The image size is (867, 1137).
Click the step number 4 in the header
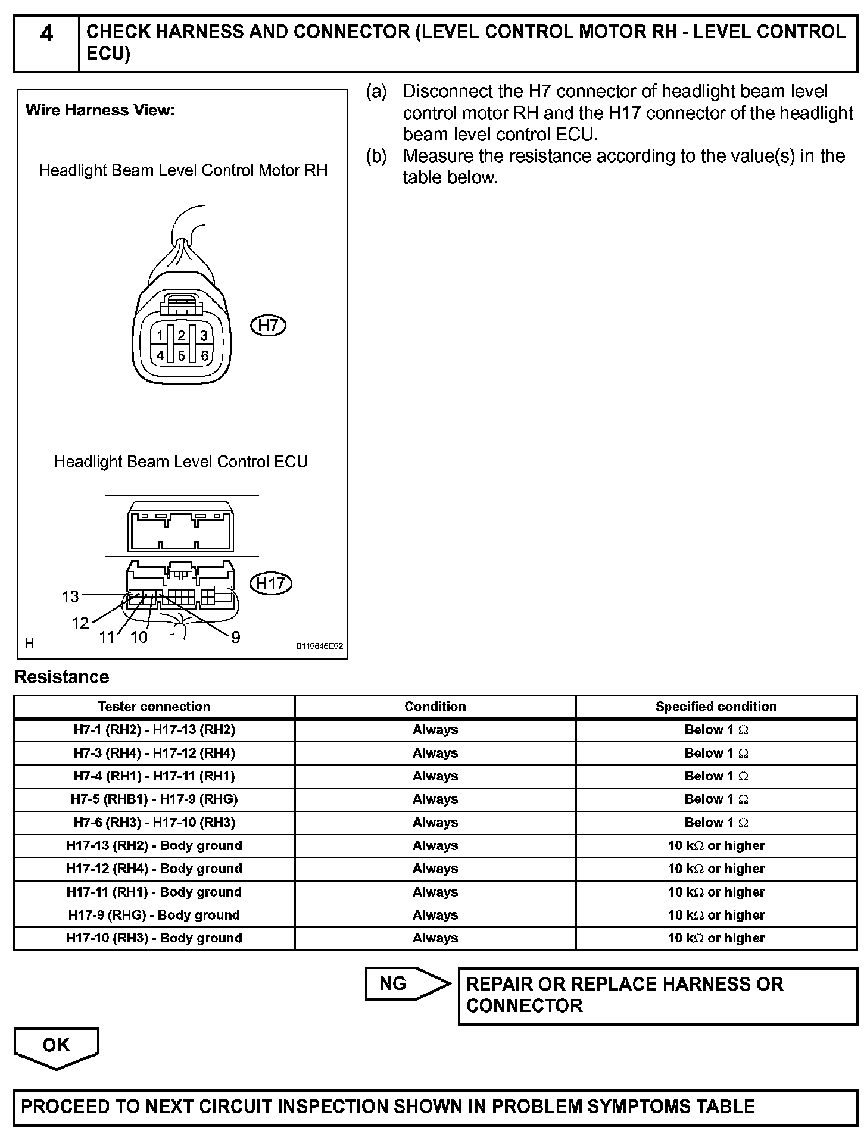46,34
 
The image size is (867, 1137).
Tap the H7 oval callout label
269,325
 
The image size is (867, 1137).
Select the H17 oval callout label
271,583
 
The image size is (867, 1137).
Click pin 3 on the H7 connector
204,336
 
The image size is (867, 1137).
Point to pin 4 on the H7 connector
160,356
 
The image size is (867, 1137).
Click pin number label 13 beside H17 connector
70,596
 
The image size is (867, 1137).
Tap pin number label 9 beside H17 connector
236,638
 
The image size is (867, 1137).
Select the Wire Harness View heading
101,110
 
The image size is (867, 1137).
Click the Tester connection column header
154,707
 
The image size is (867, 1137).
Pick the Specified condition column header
716,707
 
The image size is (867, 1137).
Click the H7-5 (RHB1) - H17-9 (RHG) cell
154,799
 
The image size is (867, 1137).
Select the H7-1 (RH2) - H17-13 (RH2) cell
154,730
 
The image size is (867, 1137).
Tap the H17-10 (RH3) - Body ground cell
154,938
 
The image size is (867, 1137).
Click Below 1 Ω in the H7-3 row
716,753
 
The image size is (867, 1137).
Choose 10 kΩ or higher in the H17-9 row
716,915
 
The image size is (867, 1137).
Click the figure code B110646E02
319,646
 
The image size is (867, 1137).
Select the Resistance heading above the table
62,677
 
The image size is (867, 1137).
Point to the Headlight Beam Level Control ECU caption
180,462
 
